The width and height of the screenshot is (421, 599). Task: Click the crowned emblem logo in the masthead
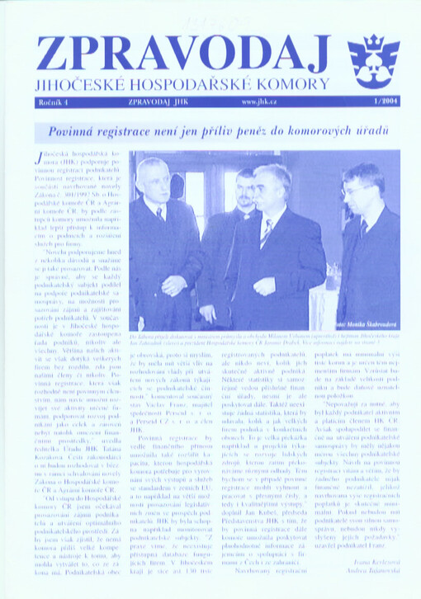(x=373, y=60)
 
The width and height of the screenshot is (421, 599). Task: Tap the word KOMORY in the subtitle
(x=292, y=85)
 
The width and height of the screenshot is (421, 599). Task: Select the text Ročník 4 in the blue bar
(x=56, y=101)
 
